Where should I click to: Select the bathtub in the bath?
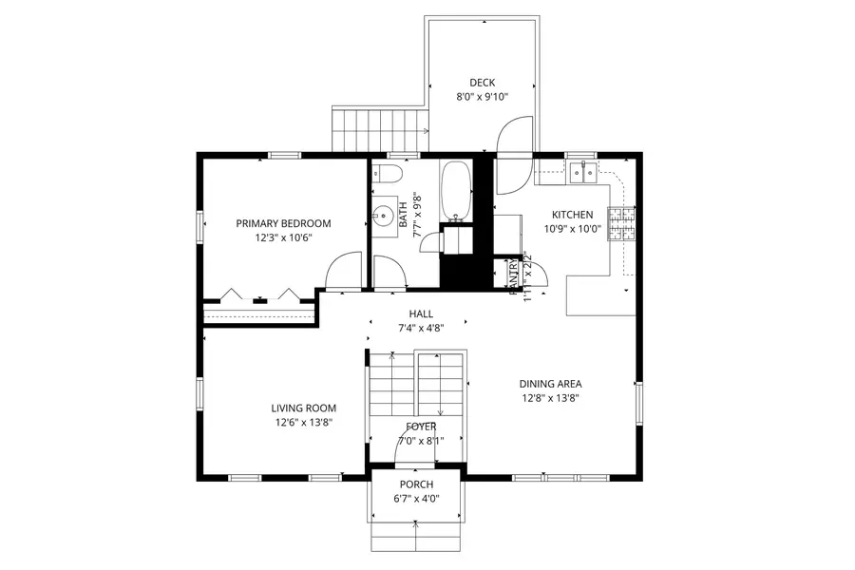pos(457,190)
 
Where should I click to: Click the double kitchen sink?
pos(583,171)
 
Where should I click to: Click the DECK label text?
pos(482,83)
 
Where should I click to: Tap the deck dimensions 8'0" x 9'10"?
pos(482,96)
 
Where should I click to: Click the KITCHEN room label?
pos(573,215)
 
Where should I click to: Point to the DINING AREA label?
pos(550,384)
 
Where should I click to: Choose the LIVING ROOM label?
pos(303,408)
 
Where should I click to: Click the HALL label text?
pos(421,313)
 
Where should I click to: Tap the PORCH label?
pos(416,484)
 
